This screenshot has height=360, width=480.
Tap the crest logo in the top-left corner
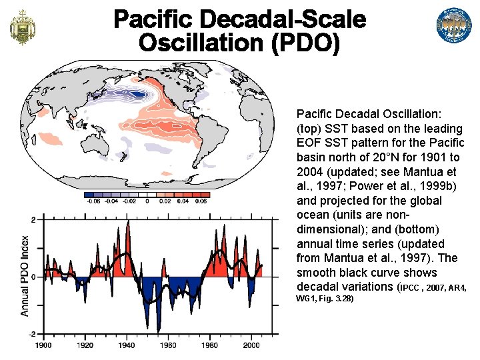[x=23, y=27]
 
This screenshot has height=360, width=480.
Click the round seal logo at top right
[x=454, y=26]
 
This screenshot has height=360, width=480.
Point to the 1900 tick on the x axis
[x=43, y=345]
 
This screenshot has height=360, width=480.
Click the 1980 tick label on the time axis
[x=210, y=345]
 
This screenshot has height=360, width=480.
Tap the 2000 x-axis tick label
[x=251, y=345]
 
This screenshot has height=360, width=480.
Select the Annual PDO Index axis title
[x=24, y=276]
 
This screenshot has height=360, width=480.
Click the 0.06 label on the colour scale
[x=201, y=201]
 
